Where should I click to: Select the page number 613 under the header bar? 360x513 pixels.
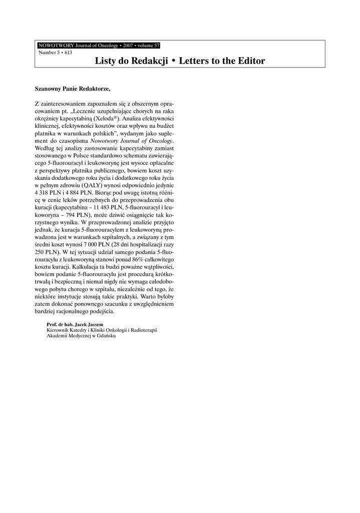[x=68, y=52]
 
